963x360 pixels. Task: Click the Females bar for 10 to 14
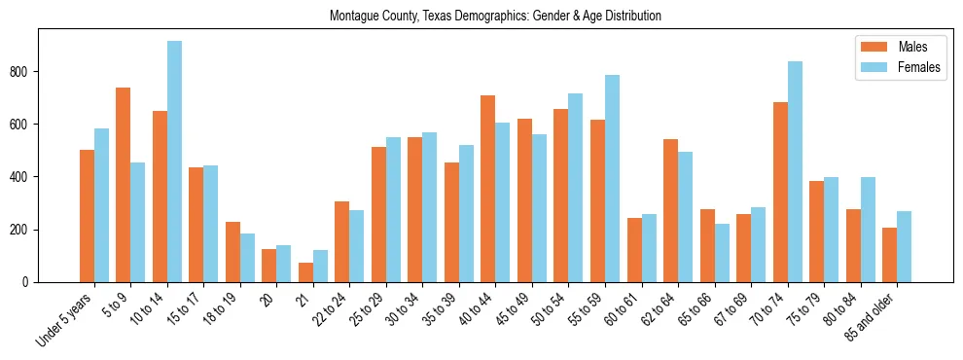pos(174,162)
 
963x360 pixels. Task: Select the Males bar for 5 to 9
pos(124,185)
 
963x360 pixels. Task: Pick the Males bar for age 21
pos(305,272)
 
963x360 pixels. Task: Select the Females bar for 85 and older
pos(904,247)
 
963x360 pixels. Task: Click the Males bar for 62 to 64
pos(670,211)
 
